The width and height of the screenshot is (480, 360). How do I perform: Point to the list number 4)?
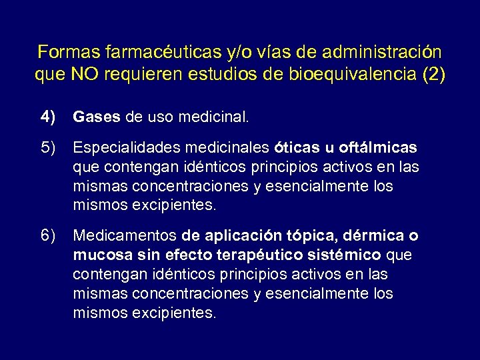49,118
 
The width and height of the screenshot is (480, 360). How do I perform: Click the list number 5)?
49,147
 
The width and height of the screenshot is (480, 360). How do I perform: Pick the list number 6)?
49,235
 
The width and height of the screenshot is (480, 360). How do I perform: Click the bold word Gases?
97,118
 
